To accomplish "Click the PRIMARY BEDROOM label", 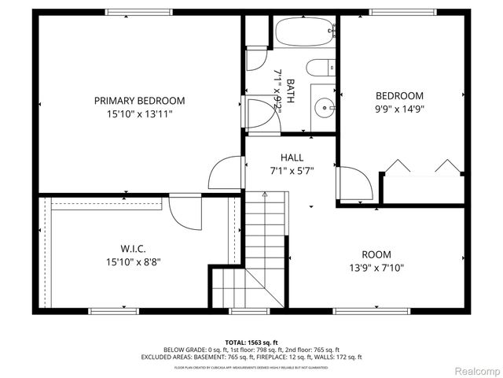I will coord(139,101).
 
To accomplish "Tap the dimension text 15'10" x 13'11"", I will coord(139,114).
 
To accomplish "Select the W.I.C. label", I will coord(134,249).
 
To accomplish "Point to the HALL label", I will coord(292,158).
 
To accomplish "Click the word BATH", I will coord(290,87).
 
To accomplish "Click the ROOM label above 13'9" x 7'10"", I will coord(376,254).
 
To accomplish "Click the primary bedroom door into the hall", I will coord(226,172).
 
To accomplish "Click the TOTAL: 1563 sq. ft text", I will coord(251,342).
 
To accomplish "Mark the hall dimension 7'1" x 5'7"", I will coord(292,170).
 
